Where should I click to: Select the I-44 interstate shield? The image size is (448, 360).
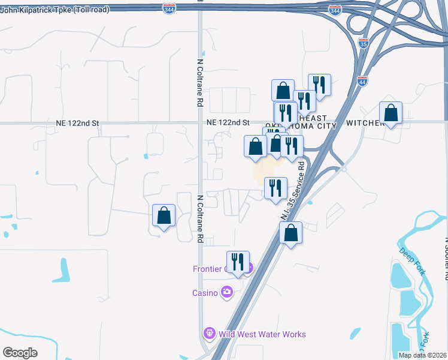click(362, 82)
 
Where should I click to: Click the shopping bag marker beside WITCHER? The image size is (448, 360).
click(391, 113)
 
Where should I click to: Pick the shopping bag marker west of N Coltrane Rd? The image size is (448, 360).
click(164, 217)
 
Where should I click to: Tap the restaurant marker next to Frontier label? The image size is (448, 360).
click(238, 263)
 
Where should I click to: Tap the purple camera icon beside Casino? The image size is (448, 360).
click(226, 292)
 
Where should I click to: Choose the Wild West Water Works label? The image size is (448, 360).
click(262, 334)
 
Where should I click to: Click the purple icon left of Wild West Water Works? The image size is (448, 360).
click(209, 332)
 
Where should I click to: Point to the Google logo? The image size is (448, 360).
click(20, 352)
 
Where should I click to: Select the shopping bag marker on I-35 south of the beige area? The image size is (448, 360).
click(290, 233)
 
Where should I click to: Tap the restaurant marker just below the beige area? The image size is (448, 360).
click(276, 188)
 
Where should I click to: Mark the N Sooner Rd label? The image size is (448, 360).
click(445, 258)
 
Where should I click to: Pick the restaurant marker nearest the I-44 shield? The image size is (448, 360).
click(319, 86)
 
